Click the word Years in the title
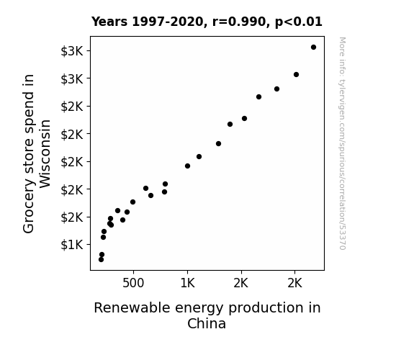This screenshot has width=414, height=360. click(x=109, y=22)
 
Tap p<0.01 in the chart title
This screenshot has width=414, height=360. click(x=299, y=22)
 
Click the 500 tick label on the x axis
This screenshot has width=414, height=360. click(x=133, y=283)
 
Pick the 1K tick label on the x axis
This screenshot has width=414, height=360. click(x=187, y=283)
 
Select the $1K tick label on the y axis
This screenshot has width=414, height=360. click(x=72, y=245)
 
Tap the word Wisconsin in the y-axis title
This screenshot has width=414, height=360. click(x=45, y=153)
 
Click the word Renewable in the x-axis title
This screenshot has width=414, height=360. click(x=132, y=307)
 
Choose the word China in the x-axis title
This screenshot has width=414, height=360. click(x=207, y=323)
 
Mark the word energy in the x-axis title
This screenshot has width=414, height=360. click(x=199, y=309)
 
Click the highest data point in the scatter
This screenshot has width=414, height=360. click(x=313, y=48)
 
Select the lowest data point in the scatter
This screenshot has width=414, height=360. click(x=101, y=260)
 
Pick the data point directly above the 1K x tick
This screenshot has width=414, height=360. click(x=187, y=166)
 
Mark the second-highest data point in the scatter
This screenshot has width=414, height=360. click(x=296, y=74)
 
